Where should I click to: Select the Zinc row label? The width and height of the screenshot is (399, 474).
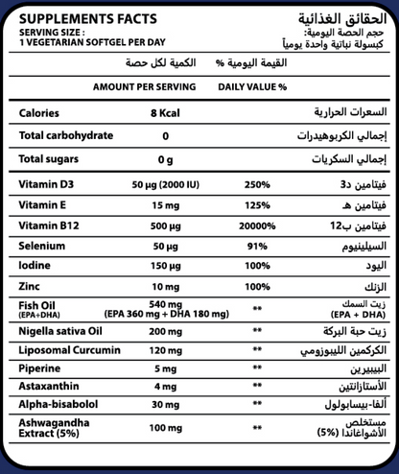pos(31,286)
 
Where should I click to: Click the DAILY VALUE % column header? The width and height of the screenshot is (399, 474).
pos(252,86)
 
